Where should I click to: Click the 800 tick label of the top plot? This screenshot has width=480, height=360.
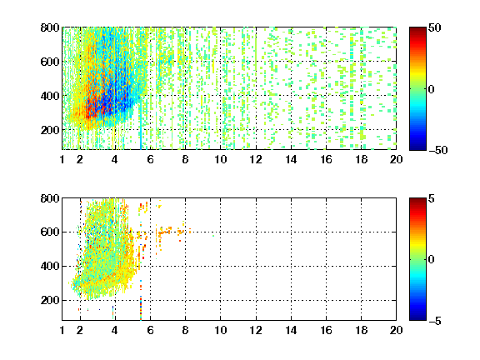pyautogui.click(x=50, y=27)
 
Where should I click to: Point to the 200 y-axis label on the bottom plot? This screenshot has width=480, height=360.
pyautogui.click(x=50, y=300)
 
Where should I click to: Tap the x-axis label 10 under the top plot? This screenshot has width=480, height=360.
pyautogui.click(x=220, y=159)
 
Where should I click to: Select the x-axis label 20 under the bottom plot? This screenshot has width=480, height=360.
pyautogui.click(x=396, y=330)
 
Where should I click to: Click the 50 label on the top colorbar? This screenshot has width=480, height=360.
pyautogui.click(x=435, y=27)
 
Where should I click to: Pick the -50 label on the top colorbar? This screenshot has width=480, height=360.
pyautogui.click(x=438, y=150)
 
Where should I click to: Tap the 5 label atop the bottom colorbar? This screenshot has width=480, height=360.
pyautogui.click(x=432, y=198)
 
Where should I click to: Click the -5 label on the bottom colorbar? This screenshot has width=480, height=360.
pyautogui.click(x=435, y=321)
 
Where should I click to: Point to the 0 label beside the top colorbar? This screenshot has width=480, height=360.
pyautogui.click(x=432, y=89)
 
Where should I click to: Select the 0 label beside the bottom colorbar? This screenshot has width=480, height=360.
pyautogui.click(x=432, y=260)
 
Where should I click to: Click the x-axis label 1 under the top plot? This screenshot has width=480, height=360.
pyautogui.click(x=62, y=159)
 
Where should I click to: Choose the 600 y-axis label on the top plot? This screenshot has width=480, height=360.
pyautogui.click(x=50, y=62)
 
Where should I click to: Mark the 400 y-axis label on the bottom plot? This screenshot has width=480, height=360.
pyautogui.click(x=50, y=266)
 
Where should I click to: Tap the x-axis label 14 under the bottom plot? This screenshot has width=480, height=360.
pyautogui.click(x=291, y=330)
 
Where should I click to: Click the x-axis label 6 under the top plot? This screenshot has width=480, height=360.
pyautogui.click(x=150, y=159)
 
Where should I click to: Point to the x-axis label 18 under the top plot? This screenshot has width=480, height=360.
pyautogui.click(x=361, y=159)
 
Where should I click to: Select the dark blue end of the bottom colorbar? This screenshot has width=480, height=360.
pyautogui.click(x=417, y=318)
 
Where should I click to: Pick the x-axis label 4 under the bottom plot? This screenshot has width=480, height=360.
pyautogui.click(x=115, y=330)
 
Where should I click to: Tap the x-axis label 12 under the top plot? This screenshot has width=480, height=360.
pyautogui.click(x=256, y=159)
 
